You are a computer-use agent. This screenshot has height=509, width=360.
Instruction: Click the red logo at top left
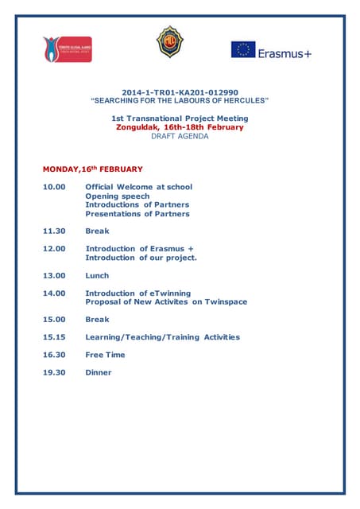68,49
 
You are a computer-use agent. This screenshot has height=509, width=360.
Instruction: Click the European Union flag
243,50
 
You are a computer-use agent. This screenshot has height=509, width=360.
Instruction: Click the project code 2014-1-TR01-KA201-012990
180,92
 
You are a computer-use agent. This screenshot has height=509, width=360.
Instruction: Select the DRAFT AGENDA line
180,136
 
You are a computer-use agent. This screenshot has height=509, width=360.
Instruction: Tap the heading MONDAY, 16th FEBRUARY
92,169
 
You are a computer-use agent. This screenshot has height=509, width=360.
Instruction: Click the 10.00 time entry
54,187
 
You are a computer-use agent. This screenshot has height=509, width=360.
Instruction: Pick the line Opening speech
117,196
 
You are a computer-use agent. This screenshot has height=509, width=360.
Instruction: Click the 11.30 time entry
54,231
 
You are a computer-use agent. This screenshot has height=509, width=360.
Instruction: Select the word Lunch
97,276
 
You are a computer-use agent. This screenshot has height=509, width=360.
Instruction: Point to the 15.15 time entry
54,337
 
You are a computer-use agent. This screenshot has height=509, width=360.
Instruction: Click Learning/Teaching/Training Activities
162,337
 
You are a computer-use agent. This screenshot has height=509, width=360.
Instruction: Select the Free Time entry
105,355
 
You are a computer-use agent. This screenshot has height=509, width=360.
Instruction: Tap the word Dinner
99,372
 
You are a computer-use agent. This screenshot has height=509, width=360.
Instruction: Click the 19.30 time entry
54,372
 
